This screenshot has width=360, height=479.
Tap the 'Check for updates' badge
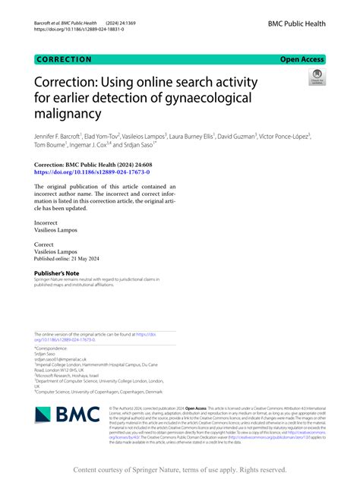pos(315,79)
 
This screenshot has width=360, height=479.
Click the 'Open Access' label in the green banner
pos(302,58)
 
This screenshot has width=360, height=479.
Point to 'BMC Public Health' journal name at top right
pos(296,24)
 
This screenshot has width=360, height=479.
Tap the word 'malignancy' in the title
pos(68,114)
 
